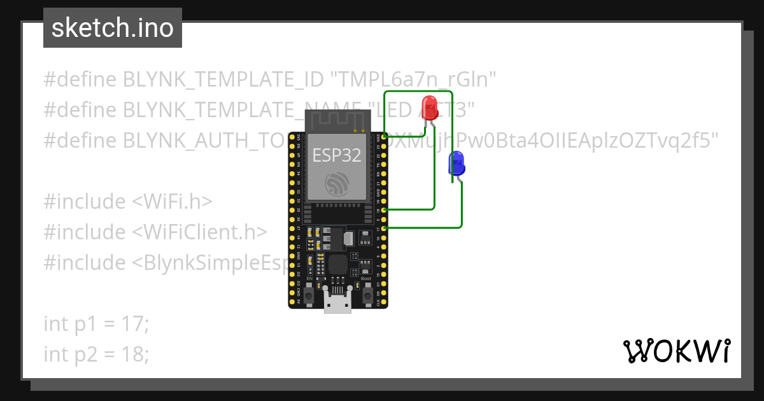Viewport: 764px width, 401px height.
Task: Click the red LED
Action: pyautogui.click(x=429, y=106)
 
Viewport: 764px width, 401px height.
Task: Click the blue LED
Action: pyautogui.click(x=456, y=164)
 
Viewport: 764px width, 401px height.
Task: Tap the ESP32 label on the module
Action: pyautogui.click(x=337, y=155)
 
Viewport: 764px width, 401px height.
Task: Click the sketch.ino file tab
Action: pyautogui.click(x=113, y=28)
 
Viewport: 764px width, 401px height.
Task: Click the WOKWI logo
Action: pyautogui.click(x=676, y=351)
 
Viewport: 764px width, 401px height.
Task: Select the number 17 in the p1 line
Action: pyautogui.click(x=134, y=323)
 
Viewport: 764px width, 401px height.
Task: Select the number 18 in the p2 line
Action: pyautogui.click(x=134, y=354)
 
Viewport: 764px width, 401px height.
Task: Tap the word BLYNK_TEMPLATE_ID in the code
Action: pyautogui.click(x=223, y=79)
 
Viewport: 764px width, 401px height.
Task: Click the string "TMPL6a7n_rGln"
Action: pyautogui.click(x=413, y=79)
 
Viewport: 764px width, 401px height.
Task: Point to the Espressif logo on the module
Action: pyautogui.click(x=337, y=185)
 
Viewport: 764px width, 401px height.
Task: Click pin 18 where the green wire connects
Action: pyautogui.click(x=379, y=209)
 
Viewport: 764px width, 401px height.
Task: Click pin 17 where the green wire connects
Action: pyautogui.click(x=379, y=228)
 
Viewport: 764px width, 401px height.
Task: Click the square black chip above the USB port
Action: pyautogui.click(x=337, y=265)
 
